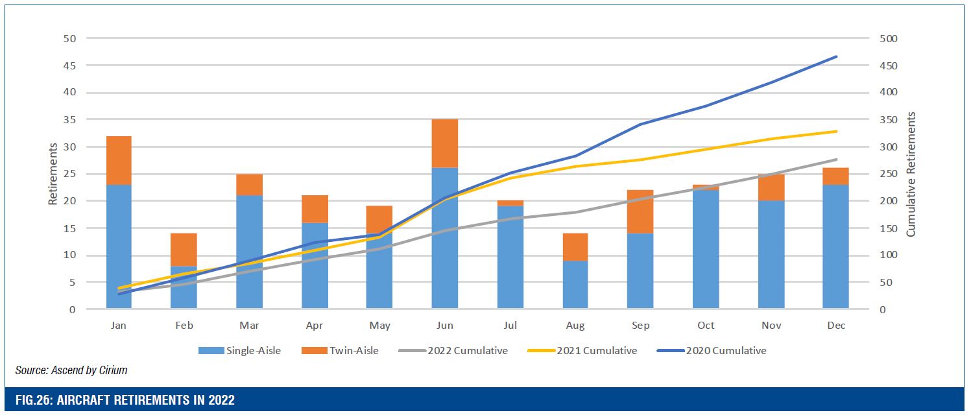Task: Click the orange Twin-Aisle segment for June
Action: point(445,143)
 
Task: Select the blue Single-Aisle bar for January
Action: point(119,246)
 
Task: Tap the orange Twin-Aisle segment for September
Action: point(640,211)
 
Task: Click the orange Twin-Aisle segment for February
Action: point(184,249)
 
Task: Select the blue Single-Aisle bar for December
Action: point(835,246)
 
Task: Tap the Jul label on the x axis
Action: point(510,326)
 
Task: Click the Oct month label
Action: point(706,326)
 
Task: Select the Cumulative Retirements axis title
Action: point(911,174)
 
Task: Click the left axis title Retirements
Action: point(53,174)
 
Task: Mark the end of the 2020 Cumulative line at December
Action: point(837,56)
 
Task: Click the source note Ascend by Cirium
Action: point(71,370)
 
